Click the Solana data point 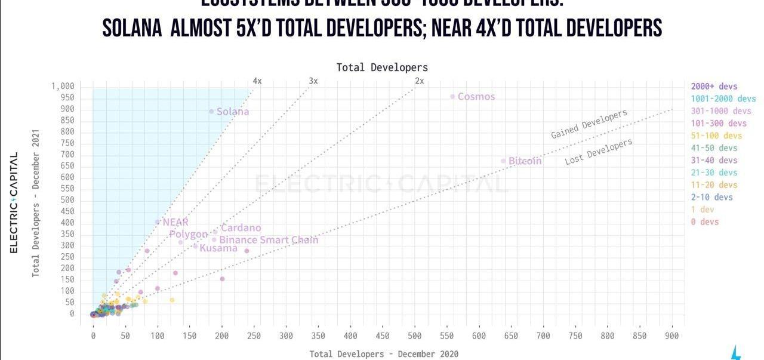pos(211,111)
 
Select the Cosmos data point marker pos(452,97)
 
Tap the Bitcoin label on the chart pos(525,161)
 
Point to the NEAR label pos(175,222)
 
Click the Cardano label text pos(241,228)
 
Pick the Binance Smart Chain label pos(269,240)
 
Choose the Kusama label pos(218,248)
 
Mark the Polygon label pos(188,235)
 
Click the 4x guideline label pos(257,81)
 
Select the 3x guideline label pos(313,81)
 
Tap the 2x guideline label pos(420,81)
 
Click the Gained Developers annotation pos(589,124)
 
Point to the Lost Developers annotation pos(598,152)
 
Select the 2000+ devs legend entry pos(714,87)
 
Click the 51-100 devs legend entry pos(717,136)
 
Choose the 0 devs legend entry pos(705,221)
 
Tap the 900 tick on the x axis pos(673,336)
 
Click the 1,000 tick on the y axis pos(63,87)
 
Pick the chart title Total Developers pos(382,67)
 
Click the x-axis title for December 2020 pos(384,354)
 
